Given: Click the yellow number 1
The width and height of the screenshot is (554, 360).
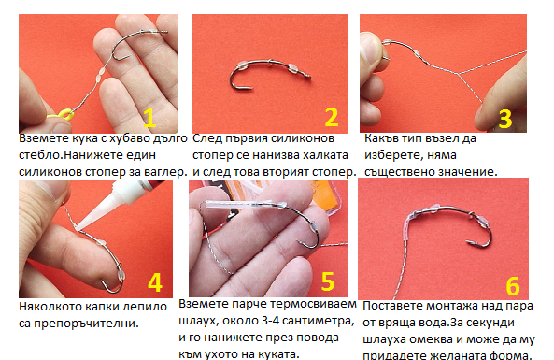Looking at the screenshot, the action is pos(149,118).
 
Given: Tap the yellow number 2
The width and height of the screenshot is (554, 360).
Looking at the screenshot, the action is pos(332,117).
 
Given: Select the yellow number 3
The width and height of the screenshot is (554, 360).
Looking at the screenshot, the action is pos(505,119).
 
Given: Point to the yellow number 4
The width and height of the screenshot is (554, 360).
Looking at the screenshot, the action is pos(155,282).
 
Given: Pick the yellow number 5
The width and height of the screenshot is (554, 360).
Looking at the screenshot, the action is pos(328,281).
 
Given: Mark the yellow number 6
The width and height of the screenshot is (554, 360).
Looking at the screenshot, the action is pos(513,286).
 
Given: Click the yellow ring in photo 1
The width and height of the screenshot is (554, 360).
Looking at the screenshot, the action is pos(65,115).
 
